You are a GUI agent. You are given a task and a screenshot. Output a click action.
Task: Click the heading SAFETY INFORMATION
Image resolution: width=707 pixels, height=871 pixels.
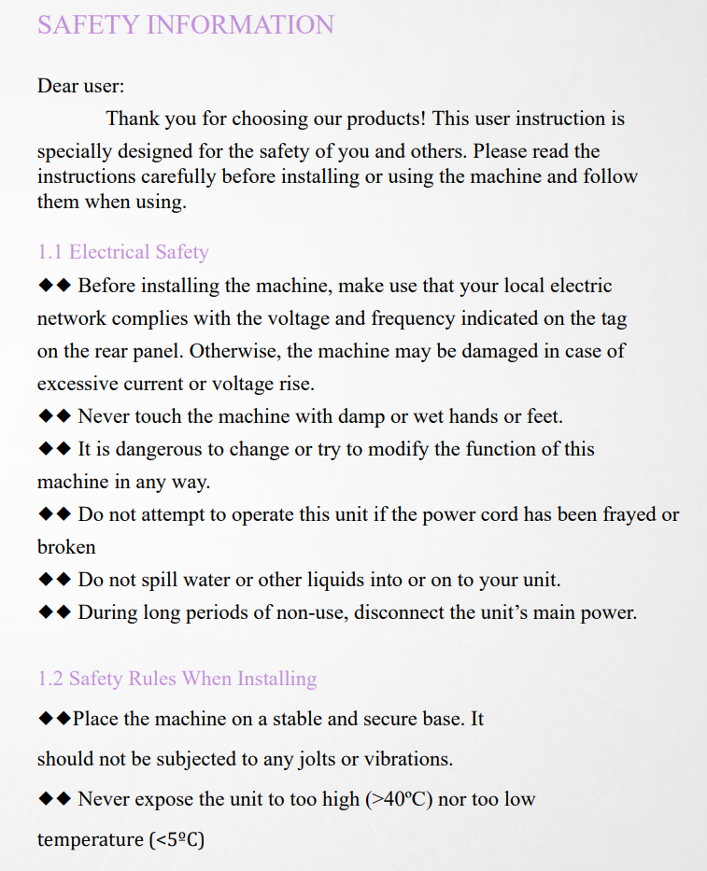click(186, 24)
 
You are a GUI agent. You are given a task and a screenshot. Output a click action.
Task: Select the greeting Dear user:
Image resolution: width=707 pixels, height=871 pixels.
click(80, 86)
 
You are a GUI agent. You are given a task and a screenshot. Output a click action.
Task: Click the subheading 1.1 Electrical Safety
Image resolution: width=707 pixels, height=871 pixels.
click(122, 252)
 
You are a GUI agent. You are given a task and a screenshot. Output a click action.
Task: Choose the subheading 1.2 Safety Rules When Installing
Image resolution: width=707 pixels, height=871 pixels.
click(177, 679)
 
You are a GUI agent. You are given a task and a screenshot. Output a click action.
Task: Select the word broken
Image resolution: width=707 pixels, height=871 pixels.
click(66, 547)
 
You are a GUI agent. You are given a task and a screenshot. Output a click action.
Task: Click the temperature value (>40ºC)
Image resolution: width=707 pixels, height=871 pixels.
click(398, 799)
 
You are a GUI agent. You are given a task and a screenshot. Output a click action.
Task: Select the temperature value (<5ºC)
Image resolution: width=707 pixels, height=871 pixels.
click(176, 840)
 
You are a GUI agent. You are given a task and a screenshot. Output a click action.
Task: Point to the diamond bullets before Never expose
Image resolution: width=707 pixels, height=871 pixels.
click(54, 799)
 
